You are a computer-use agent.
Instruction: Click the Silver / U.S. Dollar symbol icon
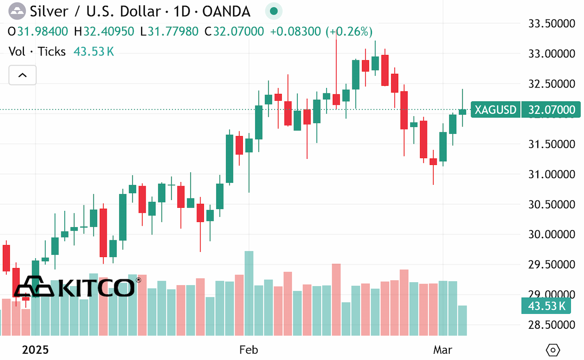click(x=17, y=11)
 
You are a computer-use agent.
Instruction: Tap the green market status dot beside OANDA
click(x=274, y=11)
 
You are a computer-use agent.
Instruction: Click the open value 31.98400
click(x=42, y=32)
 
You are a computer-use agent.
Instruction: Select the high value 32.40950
click(x=109, y=32)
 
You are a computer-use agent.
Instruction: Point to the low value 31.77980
click(x=173, y=32)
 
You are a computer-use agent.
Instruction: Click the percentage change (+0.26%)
click(x=349, y=32)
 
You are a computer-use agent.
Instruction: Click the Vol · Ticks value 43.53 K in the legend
click(x=93, y=52)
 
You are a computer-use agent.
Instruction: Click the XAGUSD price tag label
click(x=495, y=109)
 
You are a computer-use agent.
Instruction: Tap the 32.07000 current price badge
click(x=551, y=109)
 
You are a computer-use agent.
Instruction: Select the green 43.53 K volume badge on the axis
click(x=546, y=306)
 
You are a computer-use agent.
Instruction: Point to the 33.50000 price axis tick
click(x=552, y=24)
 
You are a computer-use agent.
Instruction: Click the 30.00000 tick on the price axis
click(x=552, y=234)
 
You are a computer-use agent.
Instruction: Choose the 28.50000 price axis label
click(x=552, y=325)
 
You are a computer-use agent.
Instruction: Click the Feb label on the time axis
click(x=249, y=350)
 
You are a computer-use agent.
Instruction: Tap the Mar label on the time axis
click(x=443, y=350)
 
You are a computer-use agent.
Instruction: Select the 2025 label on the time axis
click(x=35, y=350)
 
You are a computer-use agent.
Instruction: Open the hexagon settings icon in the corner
click(x=553, y=350)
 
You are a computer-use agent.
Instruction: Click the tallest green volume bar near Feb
click(x=249, y=293)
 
